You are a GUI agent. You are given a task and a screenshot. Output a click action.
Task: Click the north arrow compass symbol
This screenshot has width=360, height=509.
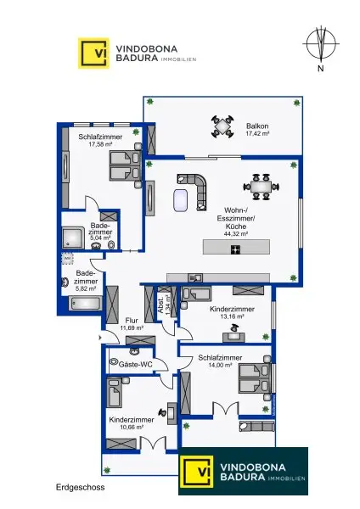[x=321, y=43]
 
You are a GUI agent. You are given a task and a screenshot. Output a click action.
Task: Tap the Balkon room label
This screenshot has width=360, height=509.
[x=257, y=126]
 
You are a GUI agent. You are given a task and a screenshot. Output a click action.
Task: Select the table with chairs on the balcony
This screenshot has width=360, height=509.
[x=222, y=126]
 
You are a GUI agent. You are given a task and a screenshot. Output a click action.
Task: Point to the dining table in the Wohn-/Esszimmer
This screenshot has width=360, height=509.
[x=262, y=187]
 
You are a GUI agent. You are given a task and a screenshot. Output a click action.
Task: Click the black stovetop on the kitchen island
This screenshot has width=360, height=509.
[x=235, y=249]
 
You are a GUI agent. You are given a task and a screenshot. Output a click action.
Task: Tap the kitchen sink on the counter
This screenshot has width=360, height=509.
[x=195, y=278]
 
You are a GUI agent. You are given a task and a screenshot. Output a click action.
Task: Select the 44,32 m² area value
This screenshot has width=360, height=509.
[x=236, y=234]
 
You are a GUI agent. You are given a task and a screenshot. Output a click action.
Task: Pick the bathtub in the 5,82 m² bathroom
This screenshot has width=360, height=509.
[x=86, y=304]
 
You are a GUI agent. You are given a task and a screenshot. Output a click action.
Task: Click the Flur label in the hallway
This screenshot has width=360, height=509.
[x=132, y=321]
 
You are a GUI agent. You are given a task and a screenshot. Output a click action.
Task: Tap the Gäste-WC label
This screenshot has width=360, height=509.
[x=136, y=365]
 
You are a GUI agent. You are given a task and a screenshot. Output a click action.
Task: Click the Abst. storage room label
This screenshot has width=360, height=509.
[x=160, y=305]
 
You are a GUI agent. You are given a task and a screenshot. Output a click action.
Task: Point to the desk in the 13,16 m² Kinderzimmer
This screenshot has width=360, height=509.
[x=233, y=337]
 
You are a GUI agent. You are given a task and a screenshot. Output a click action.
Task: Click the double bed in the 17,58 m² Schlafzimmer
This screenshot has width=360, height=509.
[x=126, y=165]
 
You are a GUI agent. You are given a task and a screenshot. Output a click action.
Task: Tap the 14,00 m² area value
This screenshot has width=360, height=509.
[x=220, y=365]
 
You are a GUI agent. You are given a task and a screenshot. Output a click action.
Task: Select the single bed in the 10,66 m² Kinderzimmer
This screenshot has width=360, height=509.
[x=115, y=392]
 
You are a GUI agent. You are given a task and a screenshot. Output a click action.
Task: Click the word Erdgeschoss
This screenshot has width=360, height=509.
[x=81, y=487]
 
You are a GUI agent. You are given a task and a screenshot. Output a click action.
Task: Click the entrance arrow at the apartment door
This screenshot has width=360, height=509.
[x=100, y=338]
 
